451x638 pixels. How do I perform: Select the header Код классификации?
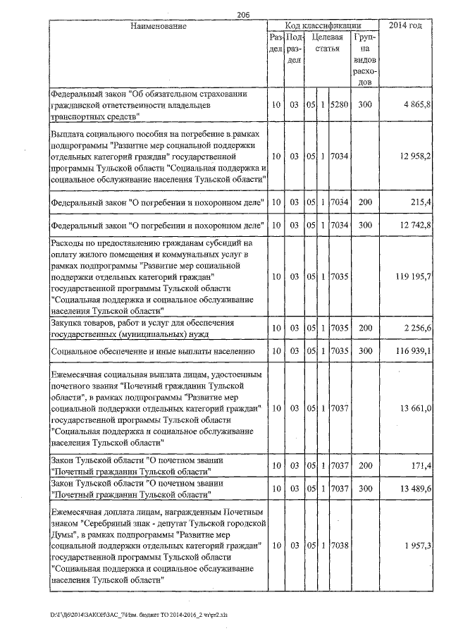tap(324, 26)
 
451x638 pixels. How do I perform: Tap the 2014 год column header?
tap(410, 26)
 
